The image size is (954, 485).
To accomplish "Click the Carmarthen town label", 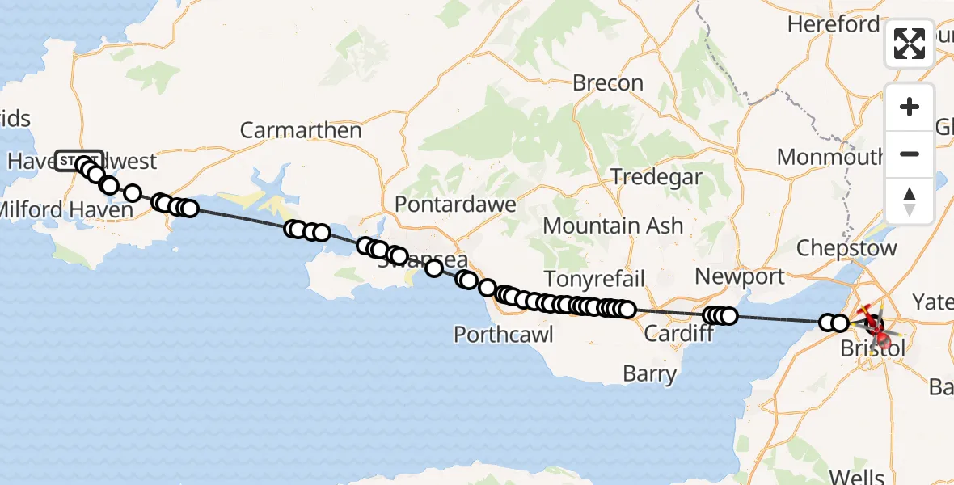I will point(301,130).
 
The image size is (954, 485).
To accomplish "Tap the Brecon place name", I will point(607,82).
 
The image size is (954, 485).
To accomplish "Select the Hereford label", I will point(833,25).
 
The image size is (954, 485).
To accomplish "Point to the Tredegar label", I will point(656,177).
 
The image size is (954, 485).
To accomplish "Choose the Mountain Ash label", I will point(613,226).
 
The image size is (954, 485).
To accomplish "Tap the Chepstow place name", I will point(846,247).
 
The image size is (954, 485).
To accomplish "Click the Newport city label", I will point(739,276).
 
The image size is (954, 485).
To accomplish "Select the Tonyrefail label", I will point(594,280).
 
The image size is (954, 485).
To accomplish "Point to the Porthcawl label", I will point(503,334).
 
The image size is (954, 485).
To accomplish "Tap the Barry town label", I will point(650,374).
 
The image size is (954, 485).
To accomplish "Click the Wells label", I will point(858,474).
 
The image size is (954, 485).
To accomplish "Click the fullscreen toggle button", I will point(910,44).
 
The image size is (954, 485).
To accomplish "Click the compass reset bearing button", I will point(910,200).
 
